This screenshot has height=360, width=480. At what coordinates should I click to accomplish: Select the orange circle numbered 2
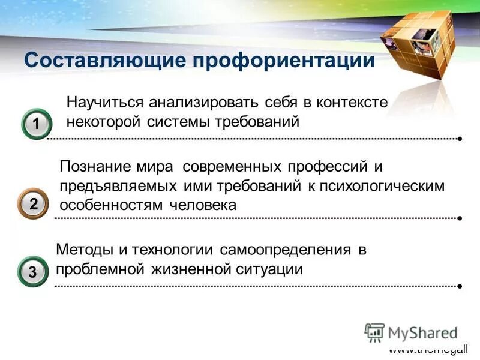point(34,204)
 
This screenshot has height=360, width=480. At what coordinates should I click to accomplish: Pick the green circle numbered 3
point(33,272)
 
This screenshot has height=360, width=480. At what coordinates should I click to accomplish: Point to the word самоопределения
point(285,249)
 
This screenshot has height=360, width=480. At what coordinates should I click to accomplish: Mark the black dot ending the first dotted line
point(459,139)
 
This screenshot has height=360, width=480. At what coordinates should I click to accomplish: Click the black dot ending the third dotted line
point(459,287)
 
